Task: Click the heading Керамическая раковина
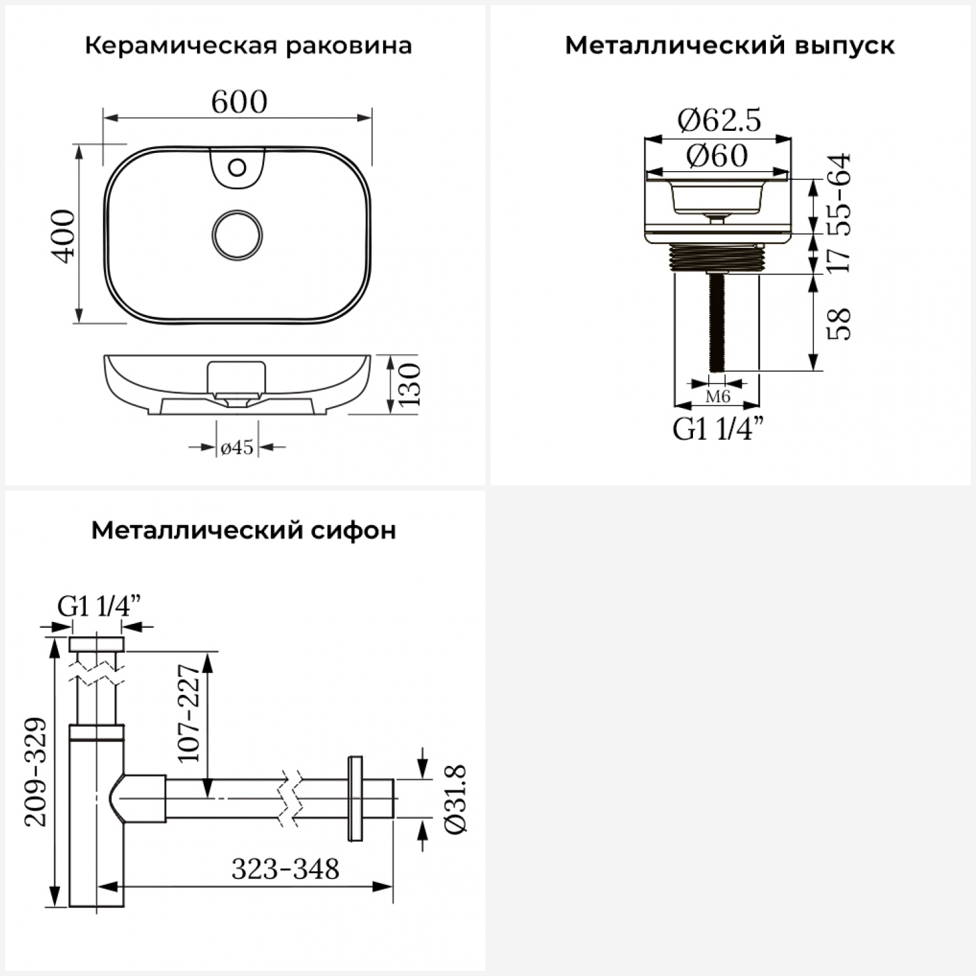tap(249, 46)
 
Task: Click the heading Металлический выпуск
tap(730, 46)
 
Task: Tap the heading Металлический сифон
tap(243, 530)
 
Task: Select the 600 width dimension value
tap(239, 102)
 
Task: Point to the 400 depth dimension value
tap(64, 236)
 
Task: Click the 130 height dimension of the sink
tap(410, 385)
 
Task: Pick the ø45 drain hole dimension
tap(237, 447)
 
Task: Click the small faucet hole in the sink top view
tap(237, 168)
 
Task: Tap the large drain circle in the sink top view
tap(237, 235)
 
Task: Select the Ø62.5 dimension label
tap(719, 120)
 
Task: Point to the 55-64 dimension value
tap(839, 194)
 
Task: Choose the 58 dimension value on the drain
tap(839, 323)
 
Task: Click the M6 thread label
tap(718, 396)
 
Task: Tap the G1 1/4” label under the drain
tap(718, 429)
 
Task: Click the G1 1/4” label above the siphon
tap(99, 606)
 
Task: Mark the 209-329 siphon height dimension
tap(36, 772)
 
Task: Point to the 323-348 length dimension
tap(286, 869)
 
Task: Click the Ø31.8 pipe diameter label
tap(455, 798)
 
